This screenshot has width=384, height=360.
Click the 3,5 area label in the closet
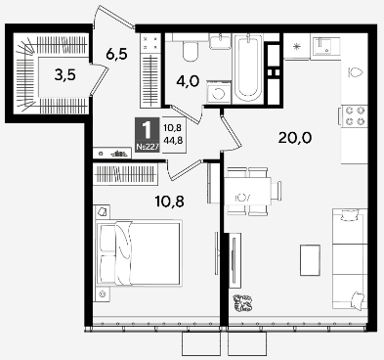[65, 75]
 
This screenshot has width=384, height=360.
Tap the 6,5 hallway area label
[116, 54]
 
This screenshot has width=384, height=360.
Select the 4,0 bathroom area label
[188, 81]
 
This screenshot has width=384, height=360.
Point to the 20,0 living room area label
[295, 138]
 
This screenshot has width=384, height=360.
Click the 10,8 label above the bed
[170, 202]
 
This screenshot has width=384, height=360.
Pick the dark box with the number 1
[148, 135]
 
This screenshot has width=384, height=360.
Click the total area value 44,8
[173, 141]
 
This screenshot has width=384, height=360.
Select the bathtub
[248, 68]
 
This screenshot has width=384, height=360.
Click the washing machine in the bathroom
[219, 92]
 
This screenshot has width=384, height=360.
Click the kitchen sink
[325, 46]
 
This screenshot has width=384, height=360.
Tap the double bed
[139, 252]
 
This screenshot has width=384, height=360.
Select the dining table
[248, 192]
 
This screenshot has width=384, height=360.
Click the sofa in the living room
[350, 259]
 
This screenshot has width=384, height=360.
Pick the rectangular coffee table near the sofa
[310, 260]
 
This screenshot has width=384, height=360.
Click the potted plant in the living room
[242, 303]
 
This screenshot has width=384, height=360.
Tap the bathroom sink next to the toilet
[220, 41]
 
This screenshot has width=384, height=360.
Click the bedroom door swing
[185, 169]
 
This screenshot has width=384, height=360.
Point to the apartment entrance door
[114, 17]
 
